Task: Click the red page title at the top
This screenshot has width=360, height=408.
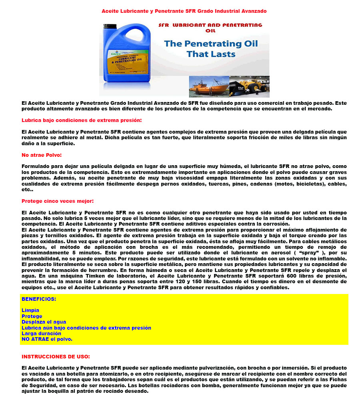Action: [x=184, y=11]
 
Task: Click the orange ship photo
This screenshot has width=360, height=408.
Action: [x=209, y=87]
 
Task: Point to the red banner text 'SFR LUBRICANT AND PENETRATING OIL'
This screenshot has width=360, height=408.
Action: [x=210, y=27]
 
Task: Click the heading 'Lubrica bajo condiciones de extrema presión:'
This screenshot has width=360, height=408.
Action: [x=82, y=120]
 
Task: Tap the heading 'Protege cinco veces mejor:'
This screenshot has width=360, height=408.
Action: [x=58, y=201]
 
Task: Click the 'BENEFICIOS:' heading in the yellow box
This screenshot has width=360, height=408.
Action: [x=39, y=299]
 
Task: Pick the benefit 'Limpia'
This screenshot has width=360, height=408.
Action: [x=30, y=310]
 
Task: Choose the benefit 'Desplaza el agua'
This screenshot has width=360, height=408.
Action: [x=44, y=322]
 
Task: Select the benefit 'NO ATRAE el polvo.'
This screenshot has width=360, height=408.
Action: [x=47, y=339]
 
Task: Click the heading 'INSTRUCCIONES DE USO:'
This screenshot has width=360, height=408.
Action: [x=56, y=356]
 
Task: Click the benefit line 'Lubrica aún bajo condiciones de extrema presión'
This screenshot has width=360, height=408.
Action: [x=86, y=328]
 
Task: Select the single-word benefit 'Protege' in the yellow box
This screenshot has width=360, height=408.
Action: [x=32, y=316]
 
